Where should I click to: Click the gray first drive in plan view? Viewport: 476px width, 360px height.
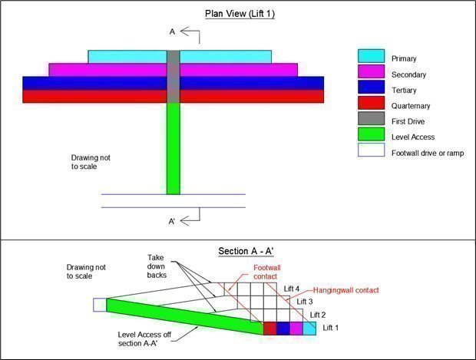(x=174, y=77)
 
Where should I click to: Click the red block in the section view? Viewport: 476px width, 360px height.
(x=269, y=328)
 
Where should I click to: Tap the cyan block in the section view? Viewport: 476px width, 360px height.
(x=309, y=328)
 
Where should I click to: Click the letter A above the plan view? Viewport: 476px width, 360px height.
(x=172, y=31)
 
